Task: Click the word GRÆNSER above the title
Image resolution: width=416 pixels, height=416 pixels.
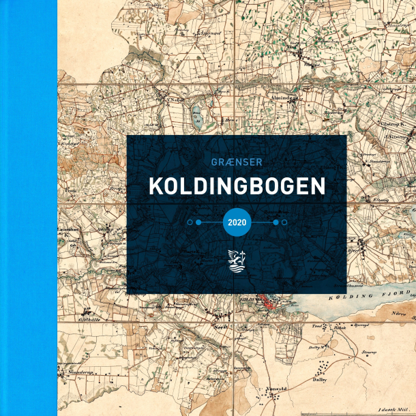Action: pyautogui.click(x=237, y=162)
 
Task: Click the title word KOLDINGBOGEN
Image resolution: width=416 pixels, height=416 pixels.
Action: pyautogui.click(x=237, y=187)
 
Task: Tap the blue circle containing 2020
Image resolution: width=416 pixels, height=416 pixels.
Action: pyautogui.click(x=237, y=222)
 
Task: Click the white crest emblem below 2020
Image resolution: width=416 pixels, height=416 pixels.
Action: pyautogui.click(x=237, y=261)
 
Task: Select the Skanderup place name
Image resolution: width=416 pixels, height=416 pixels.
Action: pyautogui.click(x=76, y=374)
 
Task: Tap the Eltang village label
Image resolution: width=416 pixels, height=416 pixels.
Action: pyautogui.click(x=361, y=200)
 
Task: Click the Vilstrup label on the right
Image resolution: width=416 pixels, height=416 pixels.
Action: pyautogui.click(x=393, y=126)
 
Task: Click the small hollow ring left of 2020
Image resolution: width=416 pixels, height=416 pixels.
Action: pyautogui.click(x=189, y=222)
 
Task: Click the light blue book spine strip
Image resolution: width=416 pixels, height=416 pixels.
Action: pyautogui.click(x=28, y=208)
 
